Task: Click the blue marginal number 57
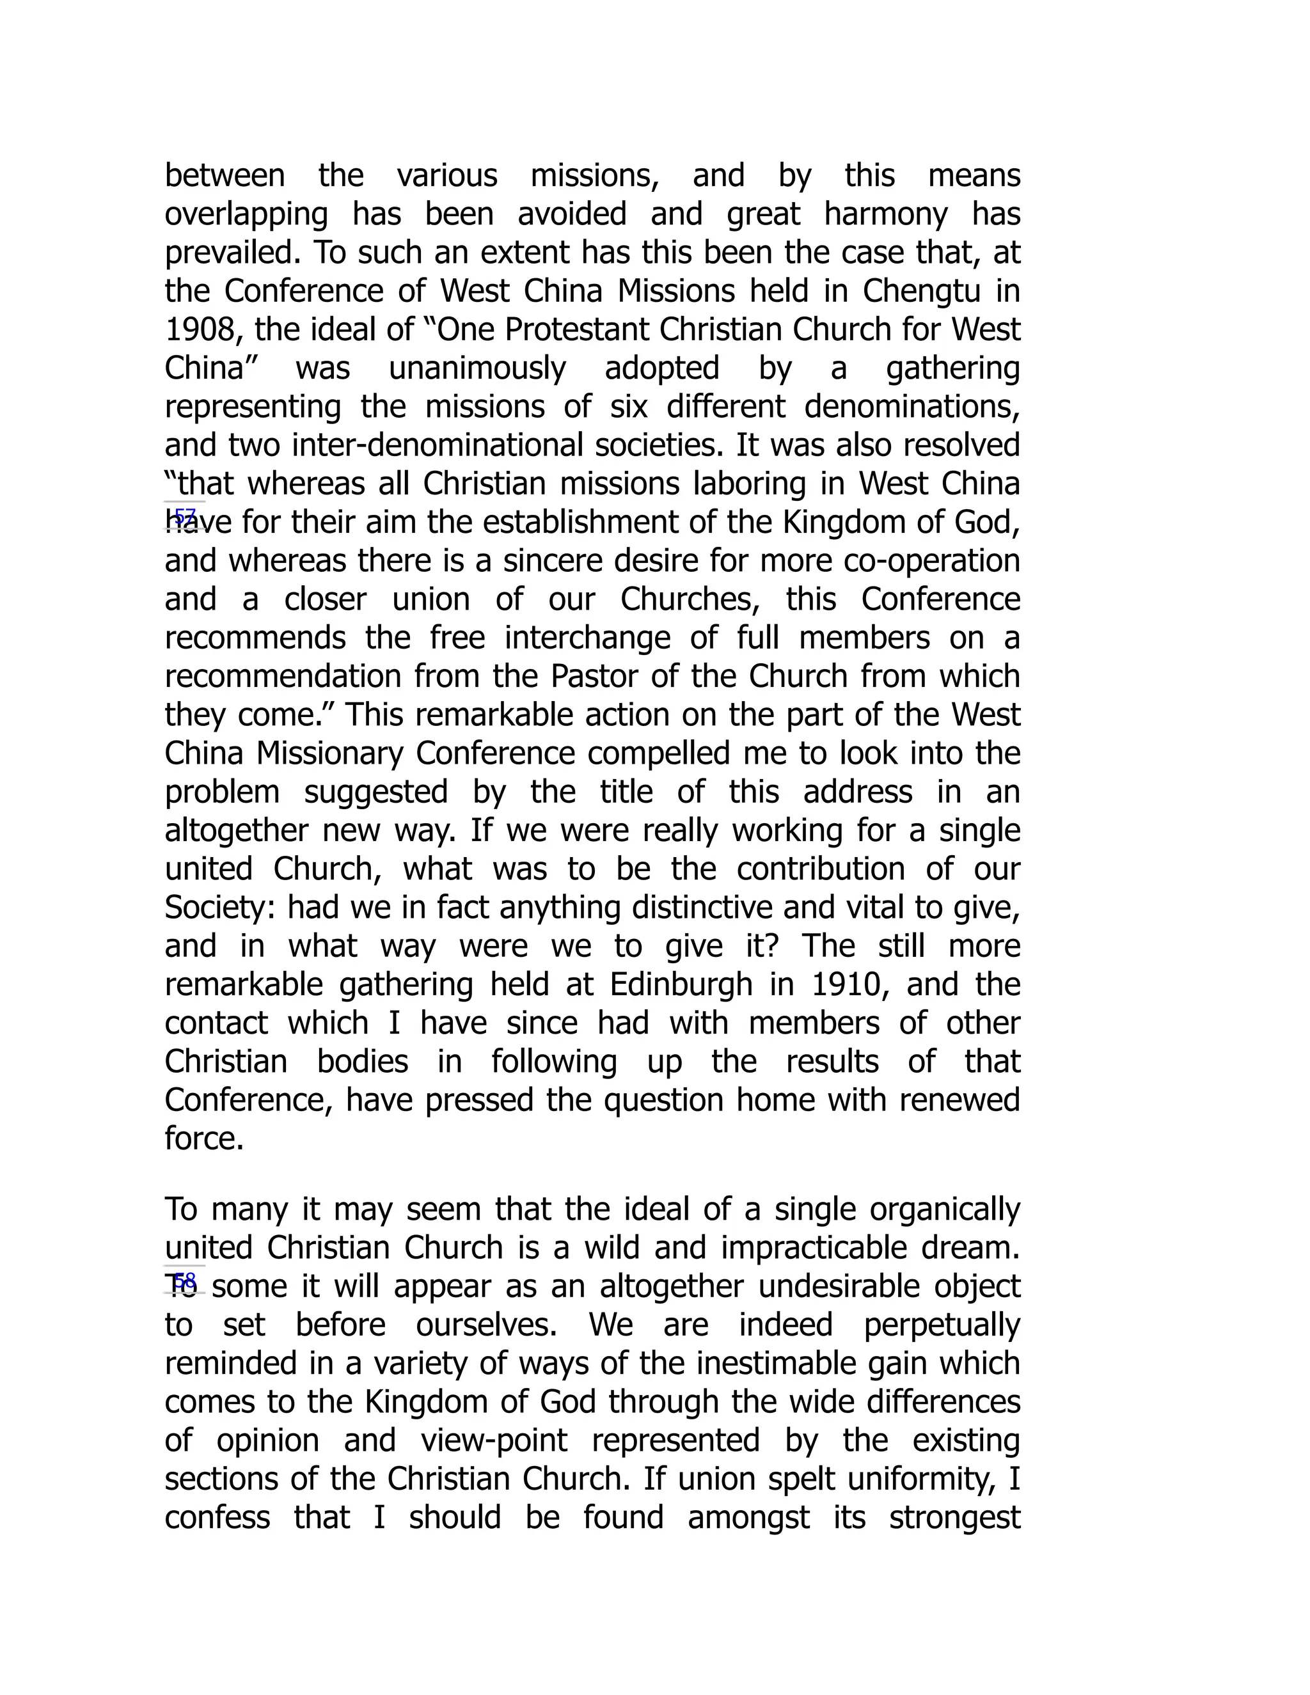click(x=185, y=516)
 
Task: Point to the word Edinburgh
click(x=681, y=985)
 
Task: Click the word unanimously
click(x=477, y=368)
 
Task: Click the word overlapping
click(x=246, y=215)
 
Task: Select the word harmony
click(x=885, y=215)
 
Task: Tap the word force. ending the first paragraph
click(x=204, y=1139)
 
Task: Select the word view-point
click(x=494, y=1440)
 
